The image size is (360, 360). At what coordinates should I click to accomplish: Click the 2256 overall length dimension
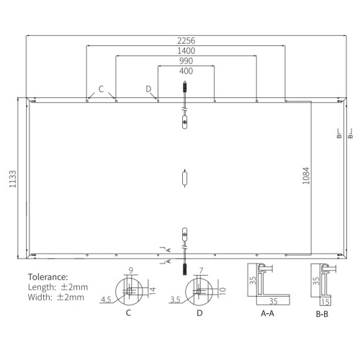point(186,40)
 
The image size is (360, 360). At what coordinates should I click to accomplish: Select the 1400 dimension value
point(186,50)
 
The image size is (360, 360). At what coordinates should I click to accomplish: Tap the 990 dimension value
point(186,61)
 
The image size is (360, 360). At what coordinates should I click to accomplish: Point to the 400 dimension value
point(186,71)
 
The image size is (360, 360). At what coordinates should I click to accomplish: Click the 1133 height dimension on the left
point(12,179)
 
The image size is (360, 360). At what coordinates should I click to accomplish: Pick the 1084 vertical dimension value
point(306,176)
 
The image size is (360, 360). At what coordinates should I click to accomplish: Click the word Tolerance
point(48,277)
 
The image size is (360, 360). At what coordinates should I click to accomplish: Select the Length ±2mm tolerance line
point(58,287)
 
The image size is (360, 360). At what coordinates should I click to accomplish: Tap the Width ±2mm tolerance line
point(56,297)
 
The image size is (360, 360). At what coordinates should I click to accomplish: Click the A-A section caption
point(267,313)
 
